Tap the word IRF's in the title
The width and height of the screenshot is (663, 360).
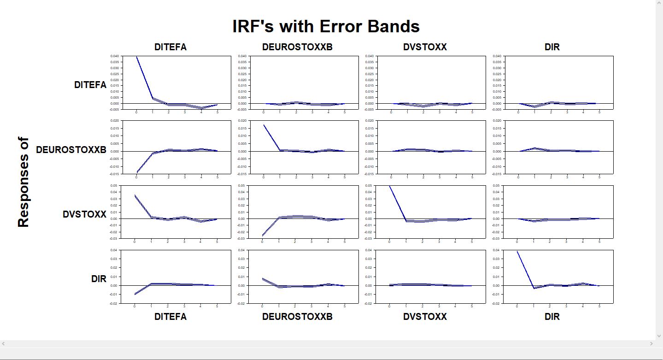253,26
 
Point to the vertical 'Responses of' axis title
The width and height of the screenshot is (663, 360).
23,182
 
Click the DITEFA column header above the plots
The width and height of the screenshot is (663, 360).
170,47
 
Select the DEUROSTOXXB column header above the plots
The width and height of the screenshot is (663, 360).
297,47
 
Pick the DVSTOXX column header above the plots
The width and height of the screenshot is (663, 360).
425,47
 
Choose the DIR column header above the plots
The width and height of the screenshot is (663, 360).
552,47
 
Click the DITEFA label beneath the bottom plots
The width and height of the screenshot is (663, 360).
170,317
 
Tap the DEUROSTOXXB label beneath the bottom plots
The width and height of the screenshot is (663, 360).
297,317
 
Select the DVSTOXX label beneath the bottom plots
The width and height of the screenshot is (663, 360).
425,317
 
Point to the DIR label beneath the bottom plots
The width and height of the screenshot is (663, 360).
552,317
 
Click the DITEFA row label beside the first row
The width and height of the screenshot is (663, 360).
90,85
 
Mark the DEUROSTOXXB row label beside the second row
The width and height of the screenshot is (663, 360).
71,150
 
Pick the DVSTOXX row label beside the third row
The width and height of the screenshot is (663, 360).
84,215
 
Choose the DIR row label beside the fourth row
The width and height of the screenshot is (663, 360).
99,279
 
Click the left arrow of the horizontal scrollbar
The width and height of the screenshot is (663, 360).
4,343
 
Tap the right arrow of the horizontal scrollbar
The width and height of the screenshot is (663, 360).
651,343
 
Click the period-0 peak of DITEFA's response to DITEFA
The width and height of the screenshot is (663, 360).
136,57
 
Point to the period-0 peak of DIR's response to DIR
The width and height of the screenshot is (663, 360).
517,251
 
